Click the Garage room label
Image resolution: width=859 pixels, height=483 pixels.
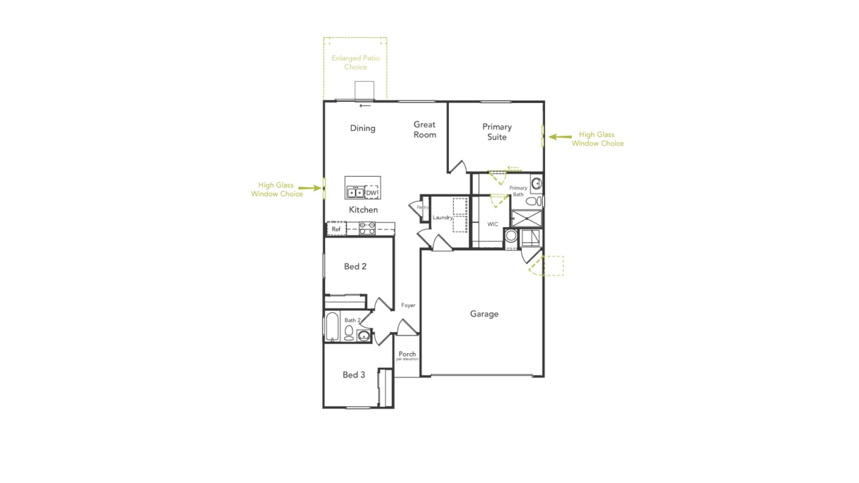point(484,314)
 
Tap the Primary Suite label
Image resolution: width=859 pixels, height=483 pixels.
point(497,132)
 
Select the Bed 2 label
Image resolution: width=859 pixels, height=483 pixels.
point(355,267)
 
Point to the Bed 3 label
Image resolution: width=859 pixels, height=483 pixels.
point(354,375)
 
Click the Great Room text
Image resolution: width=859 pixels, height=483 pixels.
point(425,130)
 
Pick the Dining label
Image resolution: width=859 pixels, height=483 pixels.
point(362,128)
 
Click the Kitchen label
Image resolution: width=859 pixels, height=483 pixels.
point(363,210)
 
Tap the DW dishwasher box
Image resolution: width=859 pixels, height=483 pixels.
point(372,192)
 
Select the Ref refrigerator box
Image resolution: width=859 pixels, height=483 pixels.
point(336,229)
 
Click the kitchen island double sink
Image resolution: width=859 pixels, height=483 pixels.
point(355,192)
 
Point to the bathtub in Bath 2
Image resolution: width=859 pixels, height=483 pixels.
point(332,326)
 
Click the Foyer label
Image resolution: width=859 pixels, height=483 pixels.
point(408,305)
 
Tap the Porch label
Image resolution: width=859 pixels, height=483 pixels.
point(407,354)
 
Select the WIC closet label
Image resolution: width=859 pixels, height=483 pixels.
point(493,225)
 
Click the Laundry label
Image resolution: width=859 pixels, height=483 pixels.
point(442,218)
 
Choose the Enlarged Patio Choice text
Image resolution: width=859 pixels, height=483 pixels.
point(356,63)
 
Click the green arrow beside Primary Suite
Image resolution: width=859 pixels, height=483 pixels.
point(560,137)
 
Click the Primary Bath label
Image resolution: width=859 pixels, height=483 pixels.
point(518,191)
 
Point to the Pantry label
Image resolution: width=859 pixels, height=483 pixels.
point(422,208)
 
